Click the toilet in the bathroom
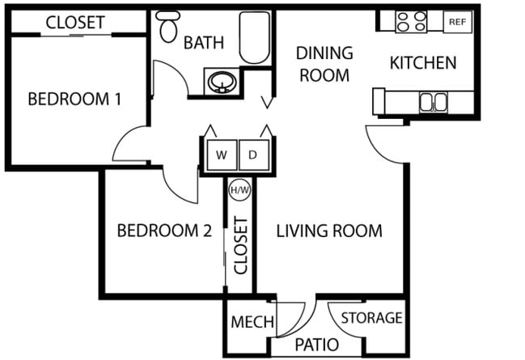(x=168, y=28)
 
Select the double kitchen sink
(x=433, y=102)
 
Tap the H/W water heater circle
(x=239, y=191)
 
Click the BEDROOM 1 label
(x=74, y=100)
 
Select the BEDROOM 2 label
(x=164, y=231)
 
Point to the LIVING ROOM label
(x=329, y=231)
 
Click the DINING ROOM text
(x=324, y=65)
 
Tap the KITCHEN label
(x=423, y=62)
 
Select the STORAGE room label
(x=371, y=318)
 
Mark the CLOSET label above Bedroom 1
(x=74, y=22)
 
